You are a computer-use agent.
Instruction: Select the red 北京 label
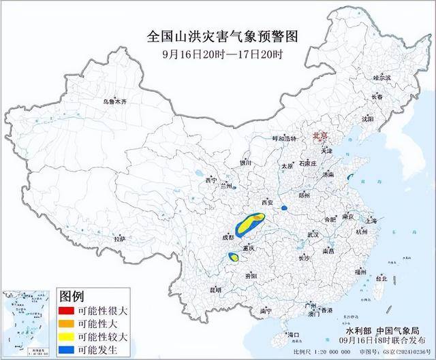320,136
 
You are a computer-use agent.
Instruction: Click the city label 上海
371,221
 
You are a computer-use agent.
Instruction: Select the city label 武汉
313,233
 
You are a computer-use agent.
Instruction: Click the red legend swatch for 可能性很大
67,310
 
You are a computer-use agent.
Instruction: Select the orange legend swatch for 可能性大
67,323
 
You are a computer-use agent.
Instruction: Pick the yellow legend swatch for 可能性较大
67,336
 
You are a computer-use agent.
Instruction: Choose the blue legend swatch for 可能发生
67,349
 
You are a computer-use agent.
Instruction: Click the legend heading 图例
72,296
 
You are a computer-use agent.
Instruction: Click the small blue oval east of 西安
285,208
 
